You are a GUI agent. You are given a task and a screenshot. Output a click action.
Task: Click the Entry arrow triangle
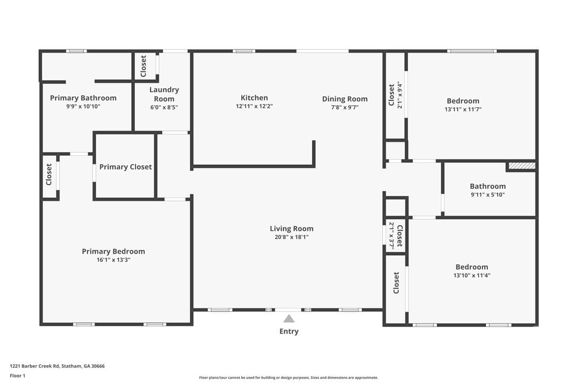289,319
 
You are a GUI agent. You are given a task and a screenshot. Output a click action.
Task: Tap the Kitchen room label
254,98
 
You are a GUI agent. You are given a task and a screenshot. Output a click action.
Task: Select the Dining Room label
345,99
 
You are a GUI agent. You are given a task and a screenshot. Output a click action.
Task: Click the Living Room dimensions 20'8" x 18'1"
292,237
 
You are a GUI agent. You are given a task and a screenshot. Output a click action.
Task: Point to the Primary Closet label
125,167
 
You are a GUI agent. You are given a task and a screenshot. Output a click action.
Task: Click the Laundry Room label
164,94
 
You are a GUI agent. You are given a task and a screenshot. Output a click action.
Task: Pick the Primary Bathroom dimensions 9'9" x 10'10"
83,106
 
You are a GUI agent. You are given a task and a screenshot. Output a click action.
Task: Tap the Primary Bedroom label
113,252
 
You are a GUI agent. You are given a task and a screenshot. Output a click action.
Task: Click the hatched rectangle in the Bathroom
522,166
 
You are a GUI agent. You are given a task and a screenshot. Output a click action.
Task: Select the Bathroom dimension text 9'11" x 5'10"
488,195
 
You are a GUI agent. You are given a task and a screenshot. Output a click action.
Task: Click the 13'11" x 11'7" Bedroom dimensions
463,109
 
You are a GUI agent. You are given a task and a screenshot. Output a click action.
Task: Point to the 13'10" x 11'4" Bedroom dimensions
472,275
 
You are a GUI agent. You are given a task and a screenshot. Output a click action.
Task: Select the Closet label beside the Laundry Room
143,66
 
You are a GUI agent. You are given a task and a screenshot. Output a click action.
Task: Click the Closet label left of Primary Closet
49,174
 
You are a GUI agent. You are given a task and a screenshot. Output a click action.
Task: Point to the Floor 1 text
18,376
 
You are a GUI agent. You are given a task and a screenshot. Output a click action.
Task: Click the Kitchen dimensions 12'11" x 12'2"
254,106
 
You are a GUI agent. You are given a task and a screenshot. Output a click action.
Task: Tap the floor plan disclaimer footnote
288,378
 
